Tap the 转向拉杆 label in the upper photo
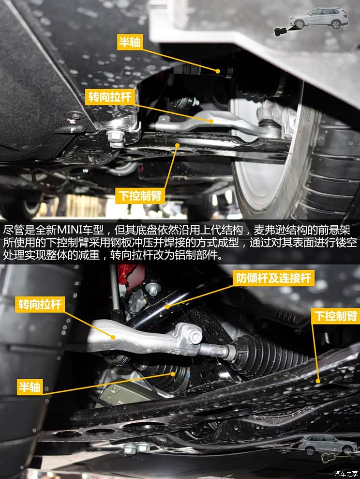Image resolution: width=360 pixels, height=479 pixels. pos(109,96)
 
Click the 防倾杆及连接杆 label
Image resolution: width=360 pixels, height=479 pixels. pos(274,278)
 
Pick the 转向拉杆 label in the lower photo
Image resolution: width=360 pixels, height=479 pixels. pos(40,305)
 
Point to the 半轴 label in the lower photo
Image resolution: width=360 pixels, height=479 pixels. pos(30,386)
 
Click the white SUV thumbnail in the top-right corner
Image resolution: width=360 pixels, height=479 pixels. pos(318,18)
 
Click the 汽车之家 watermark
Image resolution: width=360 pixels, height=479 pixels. pos(346,473)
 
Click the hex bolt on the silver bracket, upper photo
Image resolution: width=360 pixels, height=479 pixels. pos(116,137)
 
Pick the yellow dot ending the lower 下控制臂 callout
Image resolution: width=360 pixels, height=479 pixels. pos(318,381)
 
